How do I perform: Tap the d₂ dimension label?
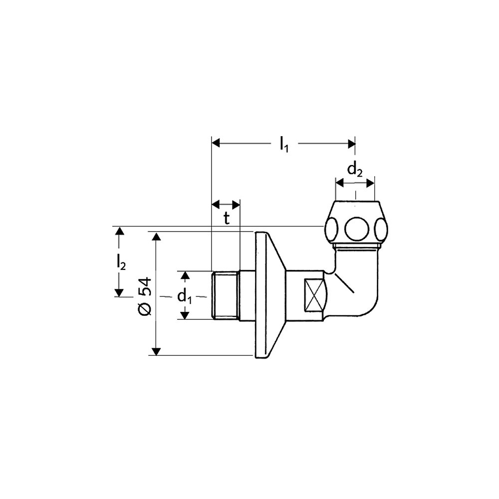pos(354,170)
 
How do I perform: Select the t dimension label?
pos(226,219)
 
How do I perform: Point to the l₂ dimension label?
pos(121,262)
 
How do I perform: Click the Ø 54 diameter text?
pos(145,296)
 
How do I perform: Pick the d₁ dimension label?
pos(185,297)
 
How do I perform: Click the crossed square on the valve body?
pos(313,295)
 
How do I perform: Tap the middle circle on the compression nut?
pos(355,229)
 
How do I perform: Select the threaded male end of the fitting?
pos(226,295)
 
